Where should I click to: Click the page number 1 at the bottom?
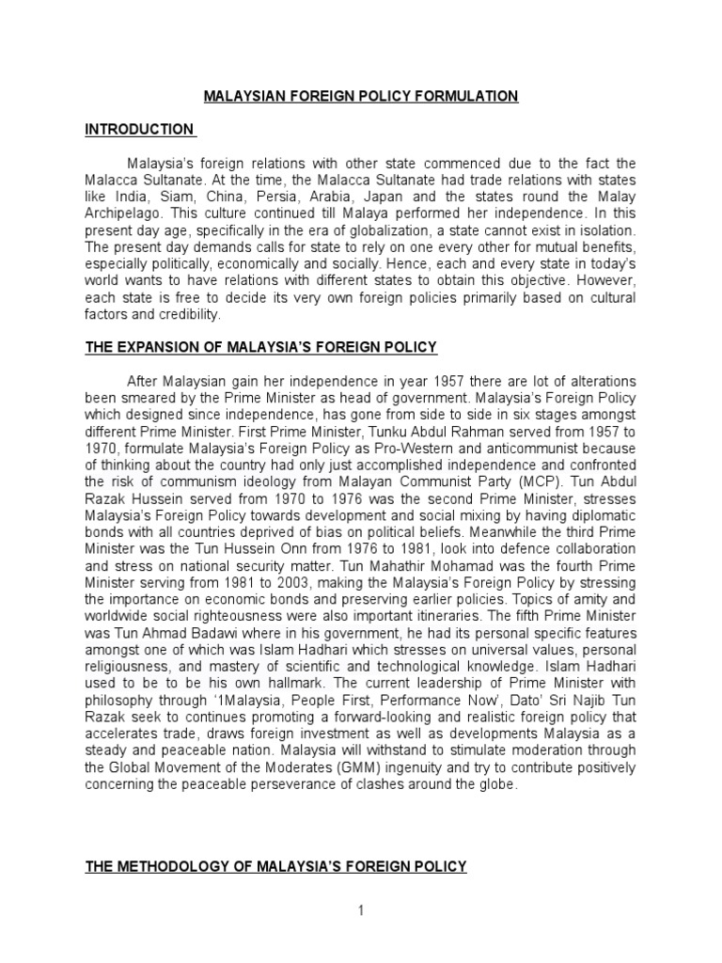coord(360,909)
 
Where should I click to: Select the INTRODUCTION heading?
coord(139,129)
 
